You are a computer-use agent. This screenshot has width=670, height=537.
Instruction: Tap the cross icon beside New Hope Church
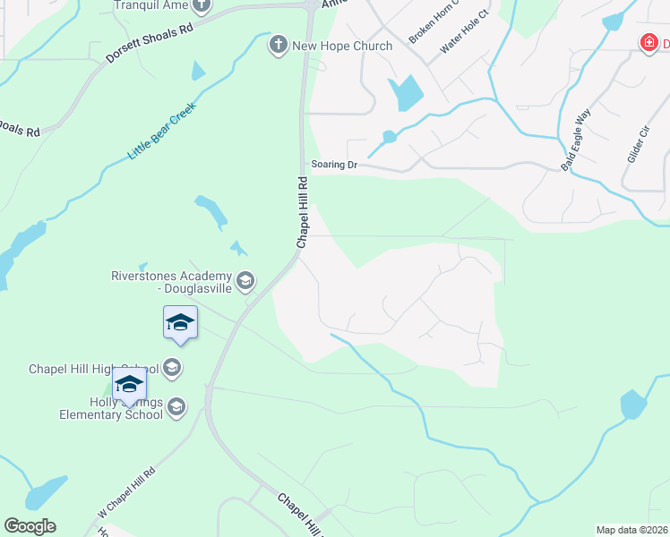pos(278,45)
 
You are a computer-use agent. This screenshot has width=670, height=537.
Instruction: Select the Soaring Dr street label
pos(334,165)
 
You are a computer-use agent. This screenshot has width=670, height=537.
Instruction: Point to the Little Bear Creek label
pos(161,131)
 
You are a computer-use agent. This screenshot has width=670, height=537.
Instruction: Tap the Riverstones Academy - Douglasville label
pos(171,282)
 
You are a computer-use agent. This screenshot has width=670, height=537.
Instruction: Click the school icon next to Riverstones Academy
pos(244,282)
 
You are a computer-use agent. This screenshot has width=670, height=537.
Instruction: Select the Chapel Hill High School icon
pos(173,367)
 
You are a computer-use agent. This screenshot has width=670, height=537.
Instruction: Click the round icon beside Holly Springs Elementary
pos(176,407)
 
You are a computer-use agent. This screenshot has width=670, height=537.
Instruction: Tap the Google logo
pos(30,526)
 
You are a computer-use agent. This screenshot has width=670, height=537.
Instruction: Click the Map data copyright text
pos(632,530)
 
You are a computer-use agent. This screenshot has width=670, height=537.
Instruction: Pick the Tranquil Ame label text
pos(151,5)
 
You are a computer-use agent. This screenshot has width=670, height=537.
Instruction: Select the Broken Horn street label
pos(434,21)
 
